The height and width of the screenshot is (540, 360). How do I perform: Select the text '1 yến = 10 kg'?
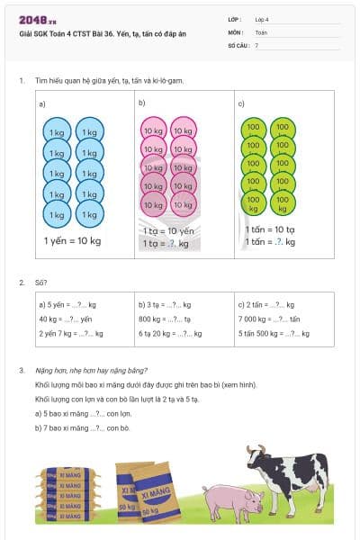(x=72, y=241)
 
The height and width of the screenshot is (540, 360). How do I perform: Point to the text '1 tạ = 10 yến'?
(x=168, y=230)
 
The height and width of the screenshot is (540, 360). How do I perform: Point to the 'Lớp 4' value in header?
(x=262, y=18)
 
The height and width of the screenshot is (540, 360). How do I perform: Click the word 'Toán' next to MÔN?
(x=262, y=31)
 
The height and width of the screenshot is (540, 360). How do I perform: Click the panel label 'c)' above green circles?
(x=241, y=103)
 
